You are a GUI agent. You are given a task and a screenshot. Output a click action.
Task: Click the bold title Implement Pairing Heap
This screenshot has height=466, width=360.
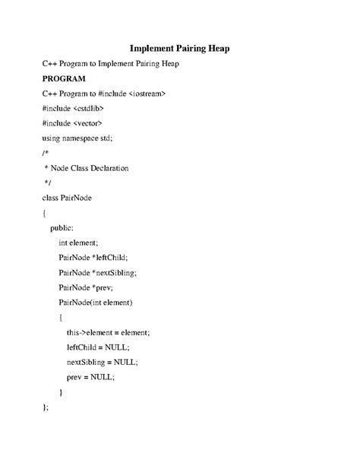click(x=180, y=49)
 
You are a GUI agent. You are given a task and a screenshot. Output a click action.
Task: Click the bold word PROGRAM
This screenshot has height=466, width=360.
click(x=65, y=78)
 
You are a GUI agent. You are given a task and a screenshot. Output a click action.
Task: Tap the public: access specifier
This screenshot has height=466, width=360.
click(x=62, y=227)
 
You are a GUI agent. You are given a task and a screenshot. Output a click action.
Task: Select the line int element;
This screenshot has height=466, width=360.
click(x=79, y=243)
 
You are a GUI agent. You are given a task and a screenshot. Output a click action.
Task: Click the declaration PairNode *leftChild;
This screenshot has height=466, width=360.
click(x=93, y=258)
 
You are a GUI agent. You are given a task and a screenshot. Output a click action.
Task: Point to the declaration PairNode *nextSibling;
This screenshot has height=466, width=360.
click(x=97, y=272)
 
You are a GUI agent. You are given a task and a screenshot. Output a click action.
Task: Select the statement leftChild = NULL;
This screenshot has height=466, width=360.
click(x=97, y=347)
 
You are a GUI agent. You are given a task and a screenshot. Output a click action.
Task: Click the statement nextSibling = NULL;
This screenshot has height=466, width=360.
click(x=102, y=362)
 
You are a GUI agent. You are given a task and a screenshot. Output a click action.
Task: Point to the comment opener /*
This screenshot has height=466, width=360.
click(x=46, y=153)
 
